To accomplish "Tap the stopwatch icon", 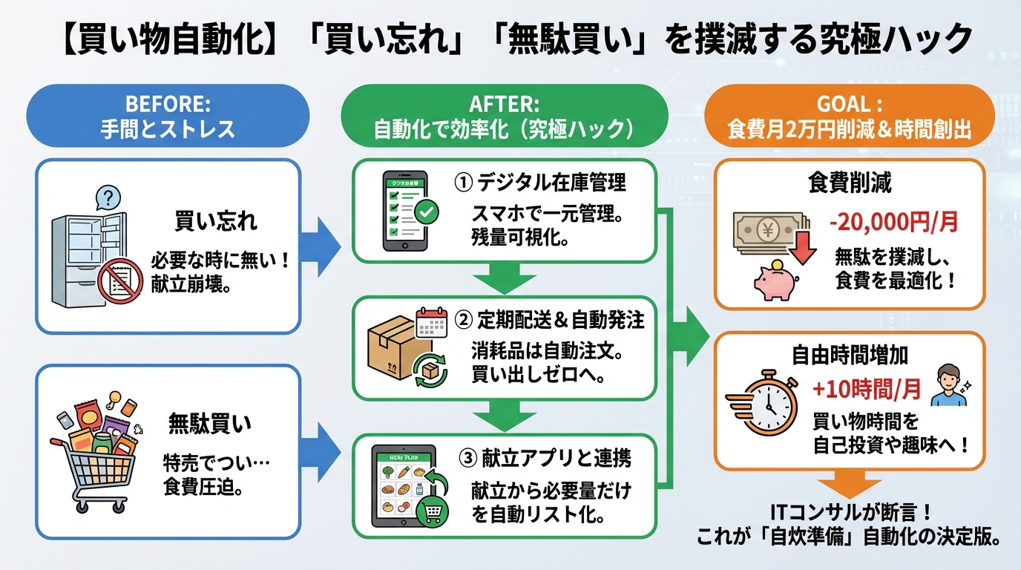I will click(769, 404).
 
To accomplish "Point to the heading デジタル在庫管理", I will click(541, 182).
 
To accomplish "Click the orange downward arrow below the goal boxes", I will click(849, 485).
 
